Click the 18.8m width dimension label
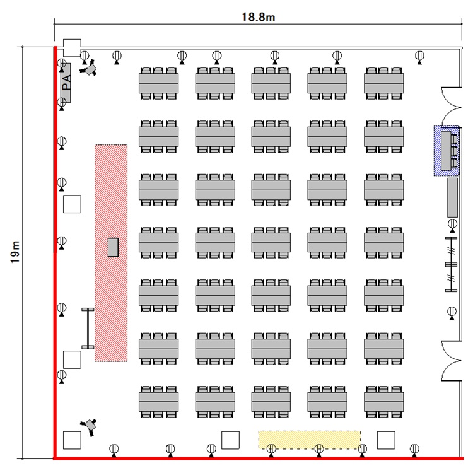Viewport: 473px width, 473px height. click(x=259, y=17)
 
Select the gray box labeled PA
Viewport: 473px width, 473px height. click(x=66, y=82)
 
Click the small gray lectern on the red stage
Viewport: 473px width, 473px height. click(x=114, y=247)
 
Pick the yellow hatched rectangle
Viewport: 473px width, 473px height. click(x=310, y=440)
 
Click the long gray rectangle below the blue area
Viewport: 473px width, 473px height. click(x=452, y=197)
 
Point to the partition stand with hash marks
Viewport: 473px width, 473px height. click(x=451, y=265)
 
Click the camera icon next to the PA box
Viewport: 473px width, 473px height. click(x=91, y=67)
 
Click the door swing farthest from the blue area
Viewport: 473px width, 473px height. click(x=452, y=361)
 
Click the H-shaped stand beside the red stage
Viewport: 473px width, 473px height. click(x=88, y=328)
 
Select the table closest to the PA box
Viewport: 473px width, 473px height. click(x=158, y=83)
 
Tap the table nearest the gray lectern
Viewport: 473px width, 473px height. click(x=158, y=242)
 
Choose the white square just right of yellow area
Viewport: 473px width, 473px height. click(x=386, y=440)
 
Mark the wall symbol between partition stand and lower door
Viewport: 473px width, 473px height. click(x=452, y=312)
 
